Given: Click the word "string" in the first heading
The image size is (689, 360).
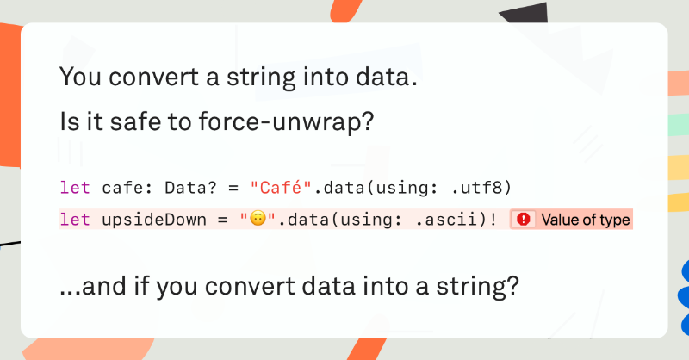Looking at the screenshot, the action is point(261,78).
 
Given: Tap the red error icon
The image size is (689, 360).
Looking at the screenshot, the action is point(524,219).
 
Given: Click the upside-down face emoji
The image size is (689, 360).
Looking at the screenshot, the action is point(258,218).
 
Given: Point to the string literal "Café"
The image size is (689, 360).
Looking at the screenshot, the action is point(281,188).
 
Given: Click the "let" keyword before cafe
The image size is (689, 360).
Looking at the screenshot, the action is point(75,188).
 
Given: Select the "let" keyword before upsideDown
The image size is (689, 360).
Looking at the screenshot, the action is point(75,220).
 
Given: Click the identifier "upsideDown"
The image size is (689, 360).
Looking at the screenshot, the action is point(154,220).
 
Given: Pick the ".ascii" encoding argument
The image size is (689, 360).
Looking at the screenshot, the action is point(446,220).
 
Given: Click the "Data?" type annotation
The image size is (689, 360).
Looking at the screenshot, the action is point(190,188).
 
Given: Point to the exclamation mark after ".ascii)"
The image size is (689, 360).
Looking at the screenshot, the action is point(493,220).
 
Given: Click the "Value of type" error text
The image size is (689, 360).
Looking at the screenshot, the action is point(586,220).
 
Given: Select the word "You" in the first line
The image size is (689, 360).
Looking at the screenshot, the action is point(81,77).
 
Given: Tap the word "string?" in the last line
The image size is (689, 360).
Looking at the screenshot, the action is point(477,287).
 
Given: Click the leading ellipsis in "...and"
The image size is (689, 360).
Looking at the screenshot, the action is point(71,293).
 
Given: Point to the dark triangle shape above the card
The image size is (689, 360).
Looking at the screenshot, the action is point(527,13).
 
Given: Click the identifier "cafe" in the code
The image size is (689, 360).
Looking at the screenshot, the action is point(122,188).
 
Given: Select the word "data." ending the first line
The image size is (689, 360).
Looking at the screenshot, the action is point(386,77).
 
